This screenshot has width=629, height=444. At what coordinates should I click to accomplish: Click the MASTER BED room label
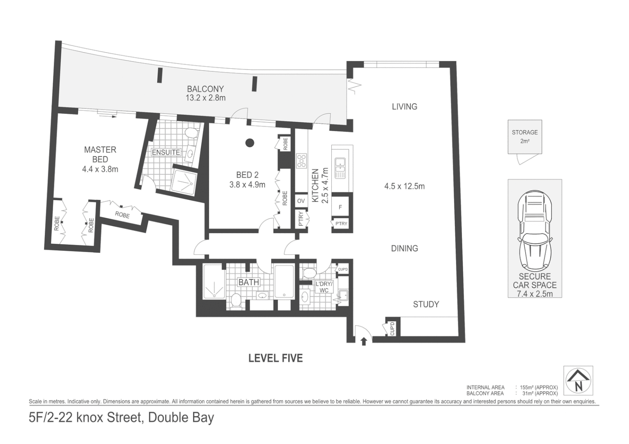[100, 154]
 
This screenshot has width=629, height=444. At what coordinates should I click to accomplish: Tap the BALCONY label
[205, 89]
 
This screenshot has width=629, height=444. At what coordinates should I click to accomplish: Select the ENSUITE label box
[166, 153]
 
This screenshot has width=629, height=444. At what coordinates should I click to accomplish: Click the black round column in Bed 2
[249, 143]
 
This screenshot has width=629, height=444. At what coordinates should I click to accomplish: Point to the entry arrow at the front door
[363, 341]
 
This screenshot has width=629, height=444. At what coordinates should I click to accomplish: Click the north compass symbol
[578, 381]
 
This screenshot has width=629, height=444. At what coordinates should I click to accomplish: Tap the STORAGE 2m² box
[524, 137]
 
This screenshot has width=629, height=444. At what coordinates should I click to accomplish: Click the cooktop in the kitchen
[301, 161]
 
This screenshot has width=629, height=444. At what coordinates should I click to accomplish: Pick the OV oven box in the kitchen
[301, 201]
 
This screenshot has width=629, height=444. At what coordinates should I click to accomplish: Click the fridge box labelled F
[340, 208]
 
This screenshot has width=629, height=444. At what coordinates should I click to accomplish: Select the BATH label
[249, 282]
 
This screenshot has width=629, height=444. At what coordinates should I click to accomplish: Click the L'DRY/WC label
[324, 287]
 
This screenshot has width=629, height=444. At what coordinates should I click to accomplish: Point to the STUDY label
[426, 304]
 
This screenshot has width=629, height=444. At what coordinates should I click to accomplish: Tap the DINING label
[404, 248]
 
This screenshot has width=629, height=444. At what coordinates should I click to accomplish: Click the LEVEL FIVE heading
[275, 358]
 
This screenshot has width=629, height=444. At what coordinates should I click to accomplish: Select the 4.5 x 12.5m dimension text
[404, 186]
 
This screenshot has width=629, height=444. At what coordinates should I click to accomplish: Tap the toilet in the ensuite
[191, 133]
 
